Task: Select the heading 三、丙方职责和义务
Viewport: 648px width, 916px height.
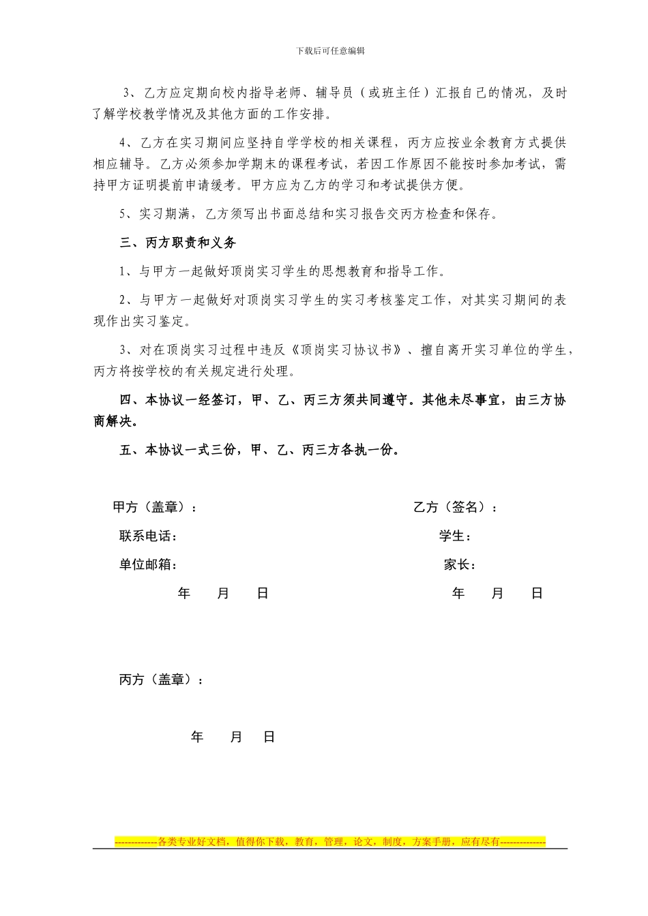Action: (178, 243)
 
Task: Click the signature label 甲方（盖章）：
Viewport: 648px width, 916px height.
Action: (156, 507)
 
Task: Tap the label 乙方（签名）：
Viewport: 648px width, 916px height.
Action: (455, 507)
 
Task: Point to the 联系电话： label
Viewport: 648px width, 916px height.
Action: (149, 536)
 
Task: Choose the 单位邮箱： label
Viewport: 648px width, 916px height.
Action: (149, 565)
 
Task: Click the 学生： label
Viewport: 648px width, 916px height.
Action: (455, 536)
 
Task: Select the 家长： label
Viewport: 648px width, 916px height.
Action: (460, 565)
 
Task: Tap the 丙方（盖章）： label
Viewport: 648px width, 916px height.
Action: (161, 680)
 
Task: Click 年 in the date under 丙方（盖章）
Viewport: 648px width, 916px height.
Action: (197, 737)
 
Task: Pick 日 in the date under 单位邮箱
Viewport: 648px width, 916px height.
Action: (263, 594)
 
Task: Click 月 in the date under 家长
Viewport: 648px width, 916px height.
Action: (497, 594)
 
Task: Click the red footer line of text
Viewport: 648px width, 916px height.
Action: (330, 842)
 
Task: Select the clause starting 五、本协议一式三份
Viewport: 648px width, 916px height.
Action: (259, 450)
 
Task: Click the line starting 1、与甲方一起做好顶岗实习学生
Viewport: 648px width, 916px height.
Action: (282, 271)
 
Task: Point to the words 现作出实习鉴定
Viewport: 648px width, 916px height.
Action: (143, 321)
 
